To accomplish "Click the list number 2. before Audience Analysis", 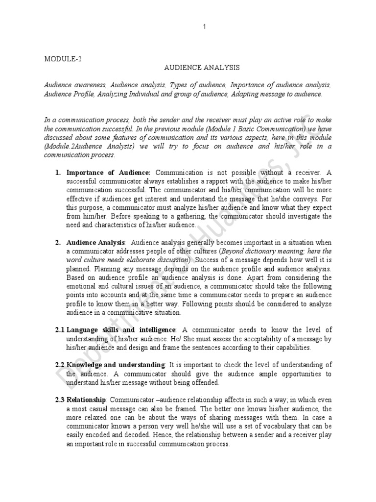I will (57, 242).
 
